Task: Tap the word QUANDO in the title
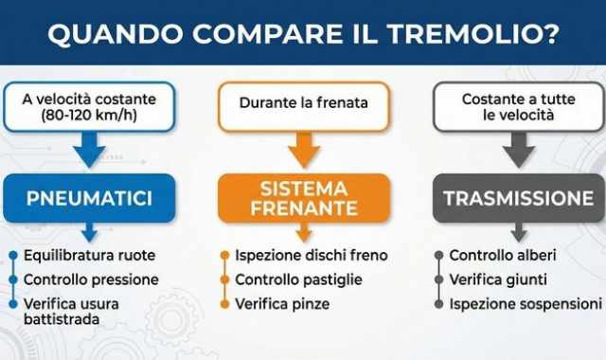point(105,36)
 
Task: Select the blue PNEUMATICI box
point(89,199)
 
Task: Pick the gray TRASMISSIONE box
point(519,199)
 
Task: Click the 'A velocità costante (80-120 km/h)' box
point(89,107)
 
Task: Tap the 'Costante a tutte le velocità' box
point(519,106)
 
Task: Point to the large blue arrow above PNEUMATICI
point(89,151)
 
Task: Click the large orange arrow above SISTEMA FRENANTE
point(303,150)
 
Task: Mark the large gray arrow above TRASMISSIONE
point(519,150)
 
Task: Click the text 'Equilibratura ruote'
point(90,256)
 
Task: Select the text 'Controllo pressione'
point(91,279)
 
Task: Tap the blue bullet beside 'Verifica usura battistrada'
point(13,303)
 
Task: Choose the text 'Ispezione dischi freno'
point(312,256)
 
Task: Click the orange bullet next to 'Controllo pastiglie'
point(224,279)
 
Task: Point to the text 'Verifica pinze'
point(283,303)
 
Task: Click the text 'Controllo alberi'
point(503,256)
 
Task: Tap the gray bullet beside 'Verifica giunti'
point(439,279)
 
